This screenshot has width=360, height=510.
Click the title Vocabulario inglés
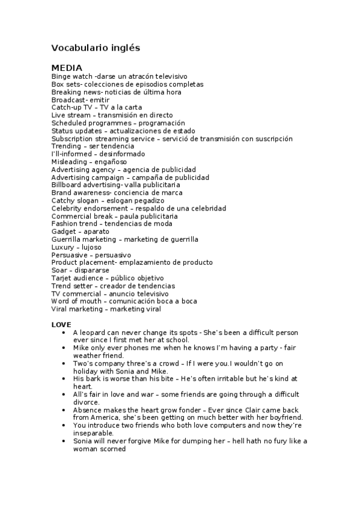[96, 47]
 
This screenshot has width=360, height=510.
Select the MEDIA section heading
[67, 67]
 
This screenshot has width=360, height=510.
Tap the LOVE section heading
[61, 325]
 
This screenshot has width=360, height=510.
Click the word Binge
[61, 77]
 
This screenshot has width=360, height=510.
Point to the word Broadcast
[67, 100]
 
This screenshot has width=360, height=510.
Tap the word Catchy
[62, 200]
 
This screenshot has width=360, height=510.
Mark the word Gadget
[63, 232]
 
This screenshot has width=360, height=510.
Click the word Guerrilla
[67, 239]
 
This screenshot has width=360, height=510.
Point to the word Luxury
[63, 247]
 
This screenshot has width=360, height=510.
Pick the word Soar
[58, 270]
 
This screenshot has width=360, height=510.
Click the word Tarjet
[61, 278]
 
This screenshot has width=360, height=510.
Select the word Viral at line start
[59, 309]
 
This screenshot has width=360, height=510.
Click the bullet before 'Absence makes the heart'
[63, 410]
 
